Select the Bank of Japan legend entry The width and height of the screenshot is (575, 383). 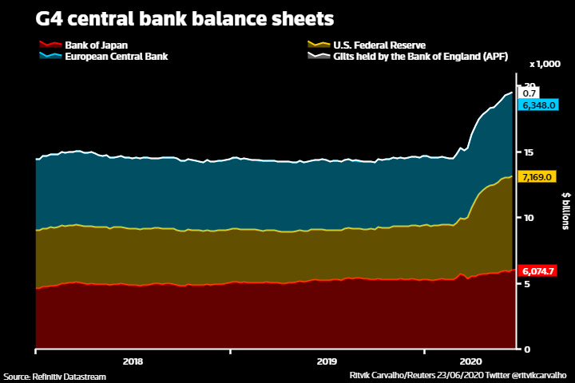[95, 45]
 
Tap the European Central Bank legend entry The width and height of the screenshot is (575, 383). [116, 57]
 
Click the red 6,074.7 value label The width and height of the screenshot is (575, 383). [537, 271]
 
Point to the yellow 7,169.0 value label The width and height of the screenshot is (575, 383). [535, 176]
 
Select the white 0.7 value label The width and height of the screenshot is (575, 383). [529, 93]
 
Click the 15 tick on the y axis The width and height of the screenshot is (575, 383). [528, 152]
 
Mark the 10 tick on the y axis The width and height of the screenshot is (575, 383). [528, 217]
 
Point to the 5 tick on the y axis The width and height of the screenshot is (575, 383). [525, 283]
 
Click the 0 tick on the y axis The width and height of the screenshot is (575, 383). [525, 349]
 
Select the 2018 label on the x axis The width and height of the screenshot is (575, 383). [133, 361]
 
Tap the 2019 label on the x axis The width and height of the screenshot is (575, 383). [327, 361]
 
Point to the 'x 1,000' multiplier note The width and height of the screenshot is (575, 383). [546, 64]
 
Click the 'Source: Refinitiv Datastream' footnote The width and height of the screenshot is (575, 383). [54, 376]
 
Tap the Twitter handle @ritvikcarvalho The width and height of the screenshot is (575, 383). [535, 375]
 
